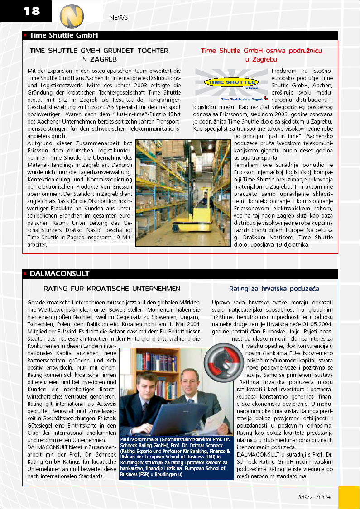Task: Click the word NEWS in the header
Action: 118,18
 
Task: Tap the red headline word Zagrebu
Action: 261,59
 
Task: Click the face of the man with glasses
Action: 189,373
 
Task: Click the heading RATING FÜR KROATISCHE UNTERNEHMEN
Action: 111,289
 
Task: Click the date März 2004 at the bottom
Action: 315,496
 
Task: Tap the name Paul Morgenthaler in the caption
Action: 141,439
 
